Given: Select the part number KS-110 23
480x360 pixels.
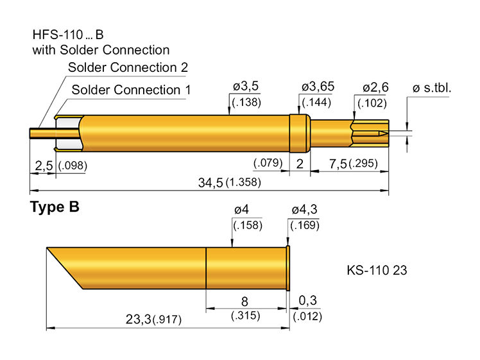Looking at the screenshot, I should [376, 270].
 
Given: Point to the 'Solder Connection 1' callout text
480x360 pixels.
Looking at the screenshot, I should [131, 90].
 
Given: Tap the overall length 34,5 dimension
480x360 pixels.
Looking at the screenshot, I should [210, 183].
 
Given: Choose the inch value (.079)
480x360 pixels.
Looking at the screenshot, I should [268, 163].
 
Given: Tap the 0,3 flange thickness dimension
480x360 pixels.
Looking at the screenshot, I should [307, 300].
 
